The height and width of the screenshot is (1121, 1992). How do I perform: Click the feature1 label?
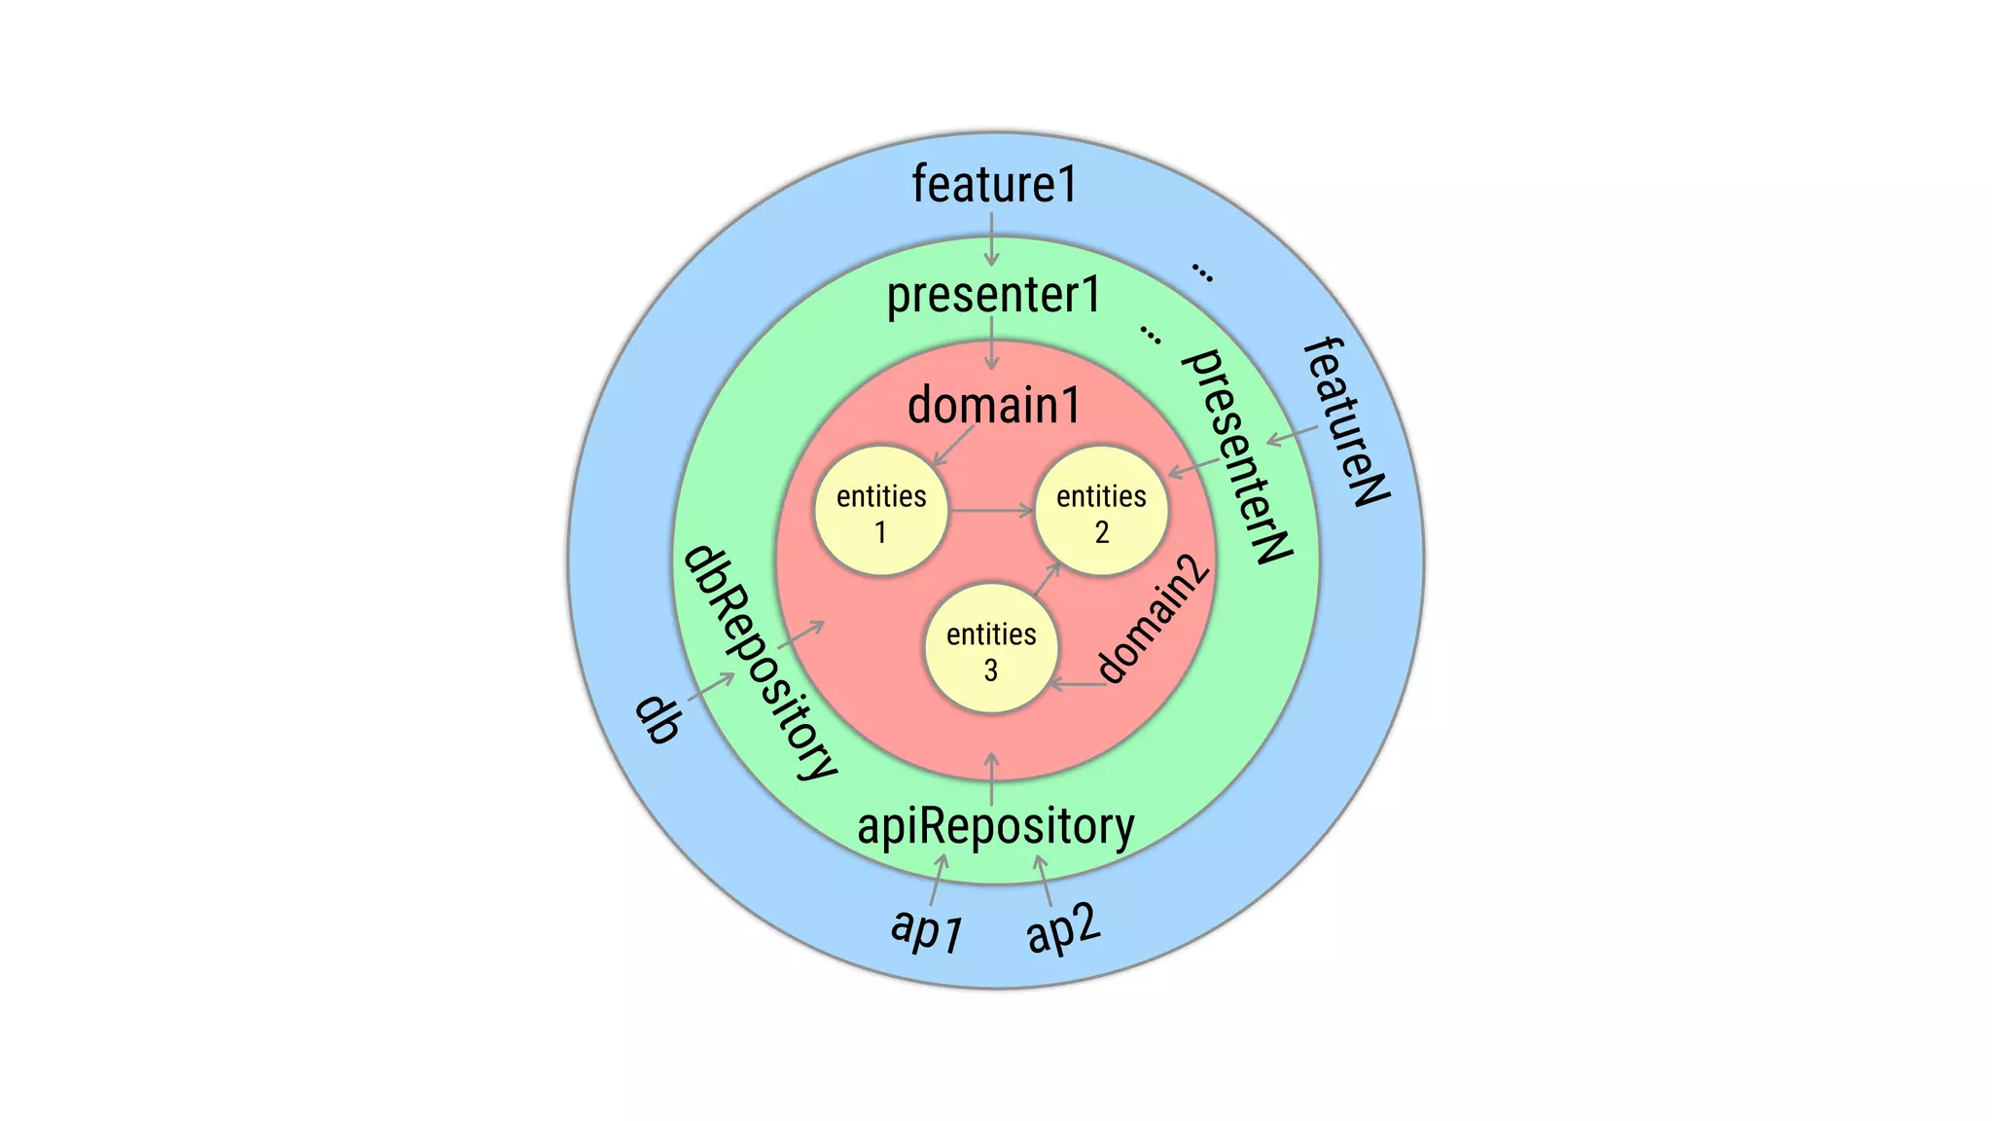[x=994, y=184]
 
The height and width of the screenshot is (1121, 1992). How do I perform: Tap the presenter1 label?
[x=993, y=295]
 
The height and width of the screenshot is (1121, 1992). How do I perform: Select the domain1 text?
[x=993, y=405]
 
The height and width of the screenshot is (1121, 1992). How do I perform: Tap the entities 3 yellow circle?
[x=991, y=650]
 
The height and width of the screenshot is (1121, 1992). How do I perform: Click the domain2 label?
[x=1154, y=619]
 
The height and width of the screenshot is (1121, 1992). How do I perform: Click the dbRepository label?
[x=760, y=663]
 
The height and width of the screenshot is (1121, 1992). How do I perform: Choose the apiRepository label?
[x=995, y=826]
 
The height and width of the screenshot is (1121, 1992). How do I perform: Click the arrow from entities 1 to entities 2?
[x=991, y=510]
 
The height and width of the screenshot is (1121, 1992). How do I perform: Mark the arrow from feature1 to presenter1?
[x=991, y=239]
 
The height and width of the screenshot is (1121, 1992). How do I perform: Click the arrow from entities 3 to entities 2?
[x=1046, y=580]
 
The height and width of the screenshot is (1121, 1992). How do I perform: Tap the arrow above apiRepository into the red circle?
[x=991, y=778]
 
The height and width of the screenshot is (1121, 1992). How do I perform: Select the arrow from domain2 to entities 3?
[x=1077, y=685]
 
